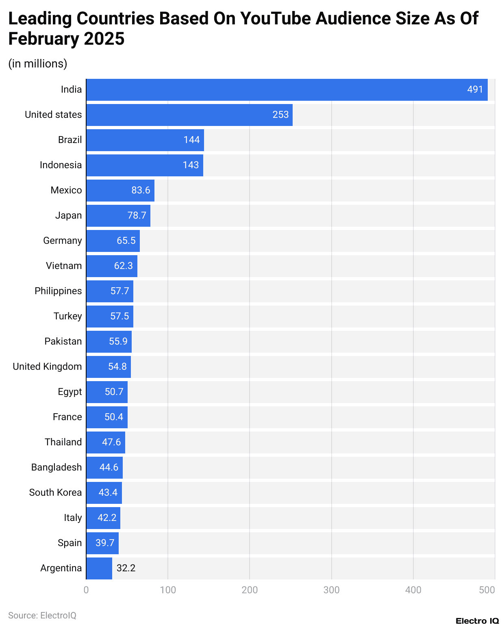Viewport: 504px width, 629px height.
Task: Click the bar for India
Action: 287,90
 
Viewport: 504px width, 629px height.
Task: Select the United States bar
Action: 189,115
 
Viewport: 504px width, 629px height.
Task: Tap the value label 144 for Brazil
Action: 191,140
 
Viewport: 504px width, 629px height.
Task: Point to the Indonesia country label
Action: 61,165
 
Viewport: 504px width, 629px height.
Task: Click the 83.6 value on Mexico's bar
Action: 141,190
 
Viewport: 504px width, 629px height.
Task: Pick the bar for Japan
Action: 118,216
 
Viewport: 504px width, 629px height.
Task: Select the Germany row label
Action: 62,241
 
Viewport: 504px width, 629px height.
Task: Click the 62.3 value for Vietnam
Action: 123,266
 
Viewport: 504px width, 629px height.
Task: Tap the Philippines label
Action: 58,291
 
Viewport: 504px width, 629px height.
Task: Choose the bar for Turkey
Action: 109,317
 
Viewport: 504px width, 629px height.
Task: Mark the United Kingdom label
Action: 47,367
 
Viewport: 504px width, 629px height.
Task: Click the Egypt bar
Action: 106,392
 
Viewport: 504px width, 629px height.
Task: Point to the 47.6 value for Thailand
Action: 111,442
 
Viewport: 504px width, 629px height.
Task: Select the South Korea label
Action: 55,492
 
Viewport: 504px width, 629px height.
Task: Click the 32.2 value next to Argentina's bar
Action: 126,568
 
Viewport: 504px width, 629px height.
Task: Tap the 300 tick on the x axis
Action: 331,590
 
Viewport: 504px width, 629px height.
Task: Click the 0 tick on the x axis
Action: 86,590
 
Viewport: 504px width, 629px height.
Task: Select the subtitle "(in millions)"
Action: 38,64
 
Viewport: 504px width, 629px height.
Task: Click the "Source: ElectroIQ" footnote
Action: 42,615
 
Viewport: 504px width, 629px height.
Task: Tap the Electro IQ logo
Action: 477,621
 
